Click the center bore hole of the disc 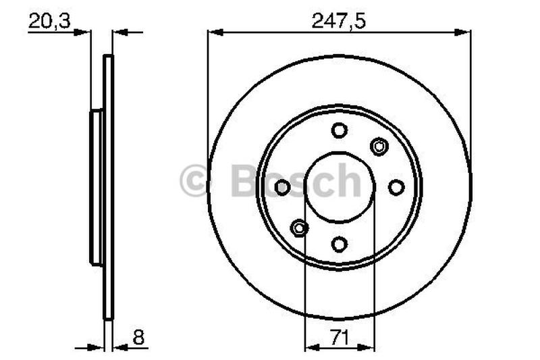click(x=339, y=187)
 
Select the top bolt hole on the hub click(x=339, y=130)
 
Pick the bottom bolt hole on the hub click(x=339, y=244)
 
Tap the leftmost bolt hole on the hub click(x=282, y=187)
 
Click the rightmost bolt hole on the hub click(x=396, y=187)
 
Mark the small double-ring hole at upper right click(x=379, y=146)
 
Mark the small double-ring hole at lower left click(x=299, y=228)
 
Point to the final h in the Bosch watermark click(x=348, y=181)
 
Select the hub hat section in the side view click(x=95, y=187)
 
